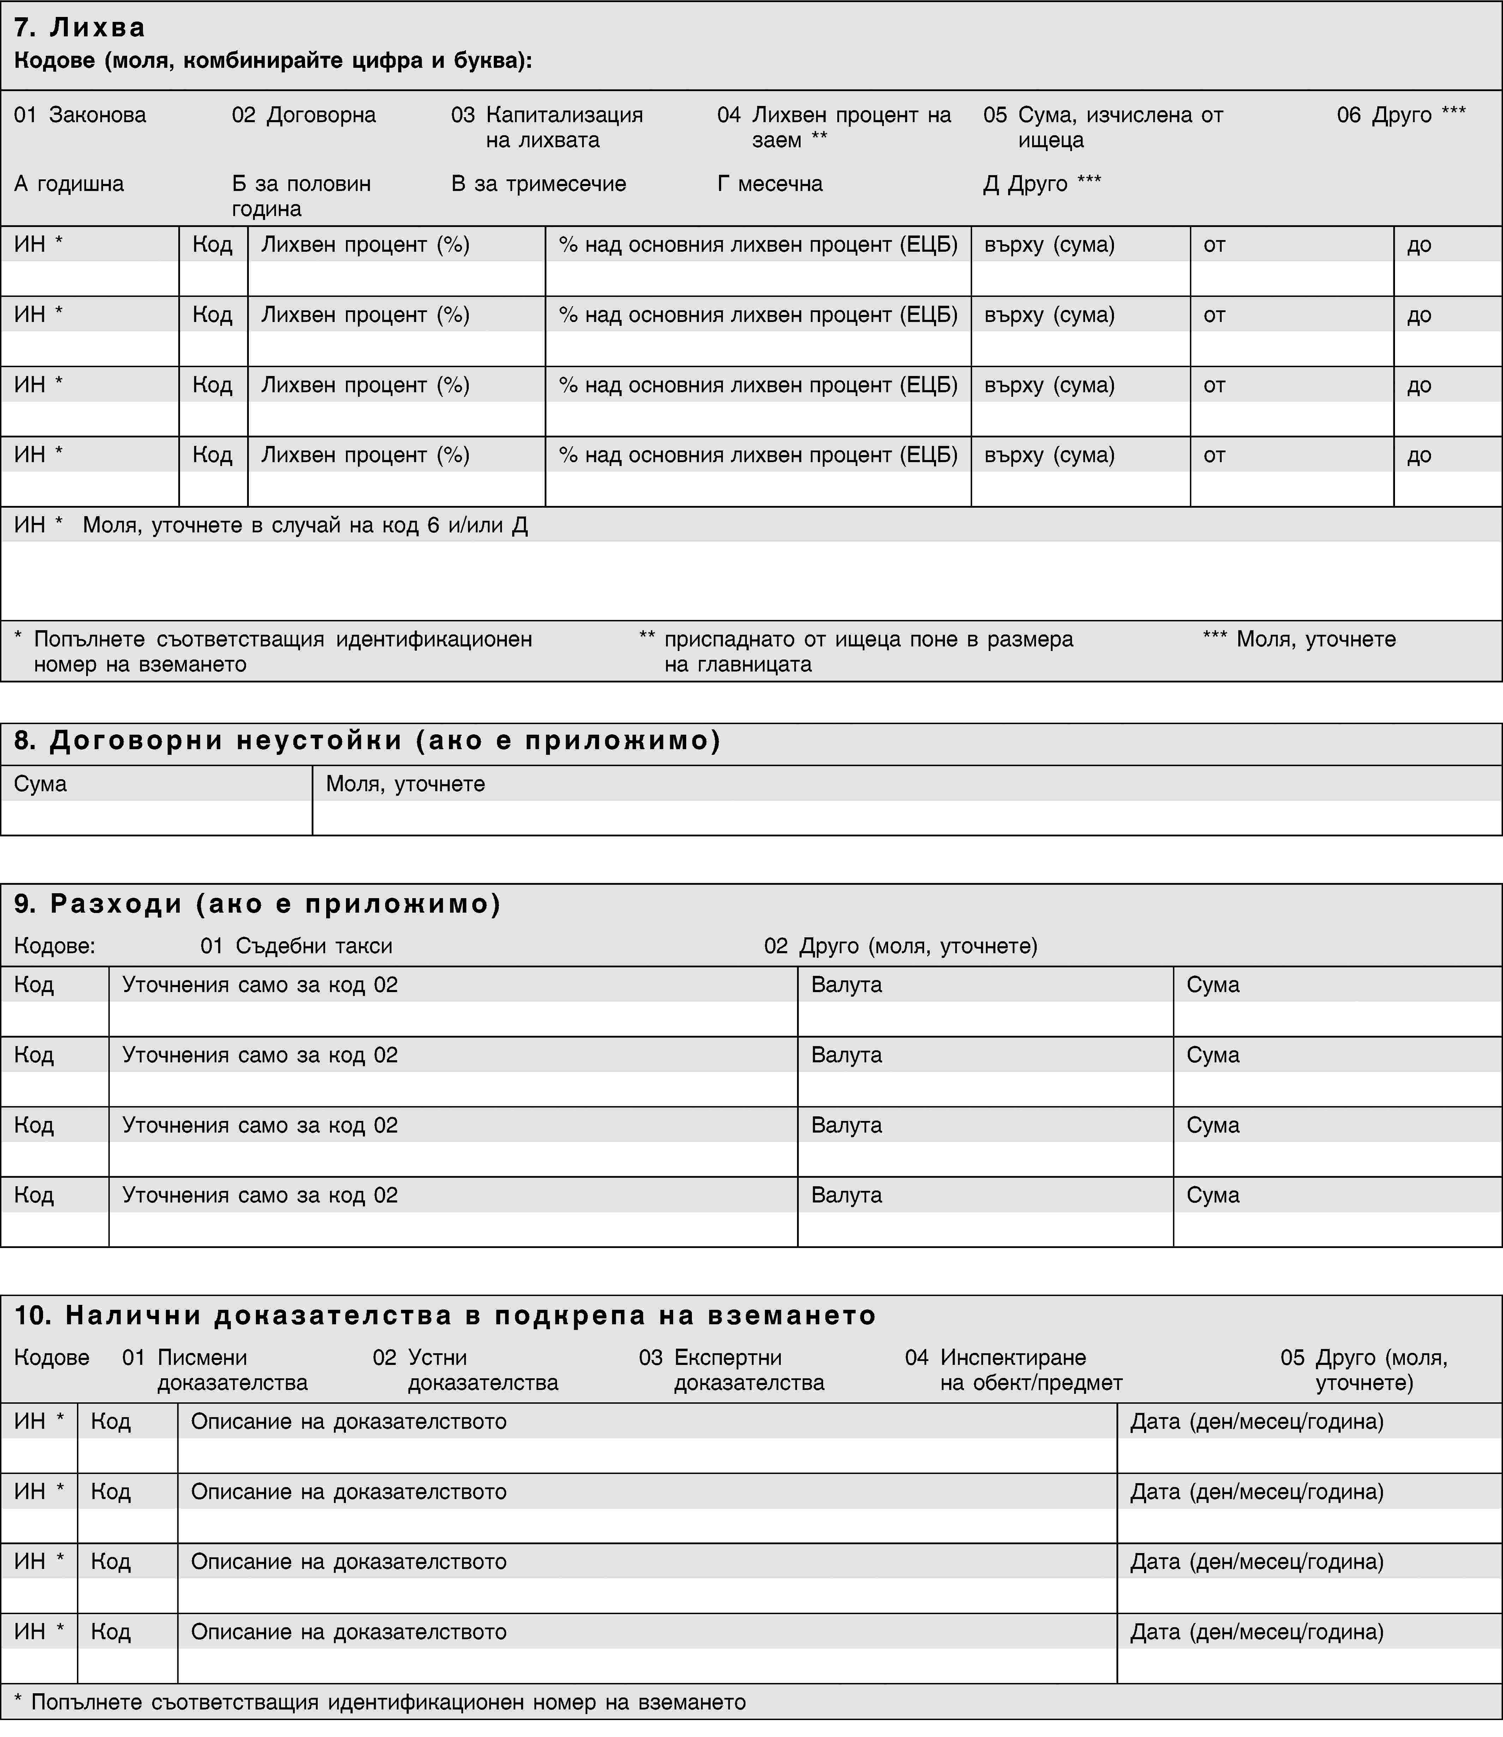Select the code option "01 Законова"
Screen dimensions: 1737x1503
80,115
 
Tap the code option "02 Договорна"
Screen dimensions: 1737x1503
304,115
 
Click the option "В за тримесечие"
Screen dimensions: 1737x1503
538,184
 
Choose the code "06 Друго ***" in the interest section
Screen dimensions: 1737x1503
1401,115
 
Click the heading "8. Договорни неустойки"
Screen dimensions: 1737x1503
367,741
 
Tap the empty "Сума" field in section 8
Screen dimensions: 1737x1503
156,818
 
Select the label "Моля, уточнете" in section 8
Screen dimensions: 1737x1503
405,784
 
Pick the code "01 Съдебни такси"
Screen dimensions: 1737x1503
296,946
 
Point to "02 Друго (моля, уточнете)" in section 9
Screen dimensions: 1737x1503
901,946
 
